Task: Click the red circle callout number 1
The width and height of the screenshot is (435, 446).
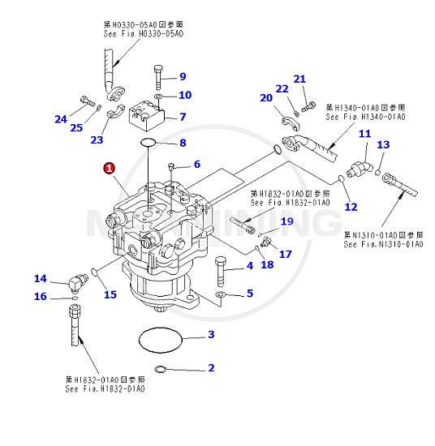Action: click(x=109, y=168)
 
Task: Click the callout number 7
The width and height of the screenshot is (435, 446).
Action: click(x=183, y=117)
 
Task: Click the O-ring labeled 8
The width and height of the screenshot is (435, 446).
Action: click(x=149, y=144)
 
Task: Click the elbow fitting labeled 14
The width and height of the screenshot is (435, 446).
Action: click(x=78, y=282)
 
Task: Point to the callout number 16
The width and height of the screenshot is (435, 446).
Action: click(x=41, y=297)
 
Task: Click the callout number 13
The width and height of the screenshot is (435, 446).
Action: click(x=384, y=144)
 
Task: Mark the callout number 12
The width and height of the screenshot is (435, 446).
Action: click(x=351, y=207)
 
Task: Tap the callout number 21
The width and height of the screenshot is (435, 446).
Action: click(x=299, y=79)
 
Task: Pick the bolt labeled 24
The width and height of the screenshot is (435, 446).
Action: click(x=84, y=102)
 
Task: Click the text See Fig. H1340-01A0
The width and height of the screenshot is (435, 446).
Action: click(x=366, y=116)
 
